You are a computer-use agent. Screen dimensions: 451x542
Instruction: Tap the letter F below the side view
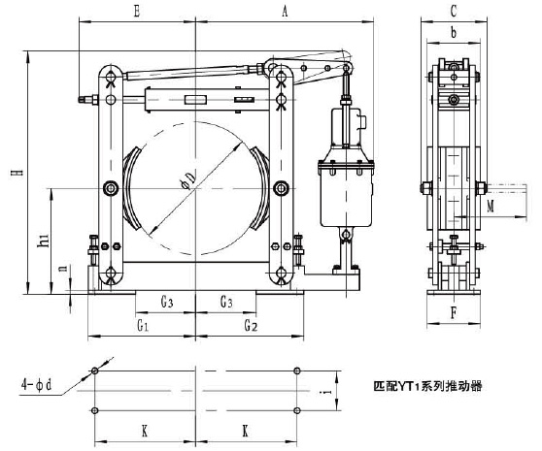(455, 314)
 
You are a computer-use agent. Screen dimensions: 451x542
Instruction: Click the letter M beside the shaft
(491, 206)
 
